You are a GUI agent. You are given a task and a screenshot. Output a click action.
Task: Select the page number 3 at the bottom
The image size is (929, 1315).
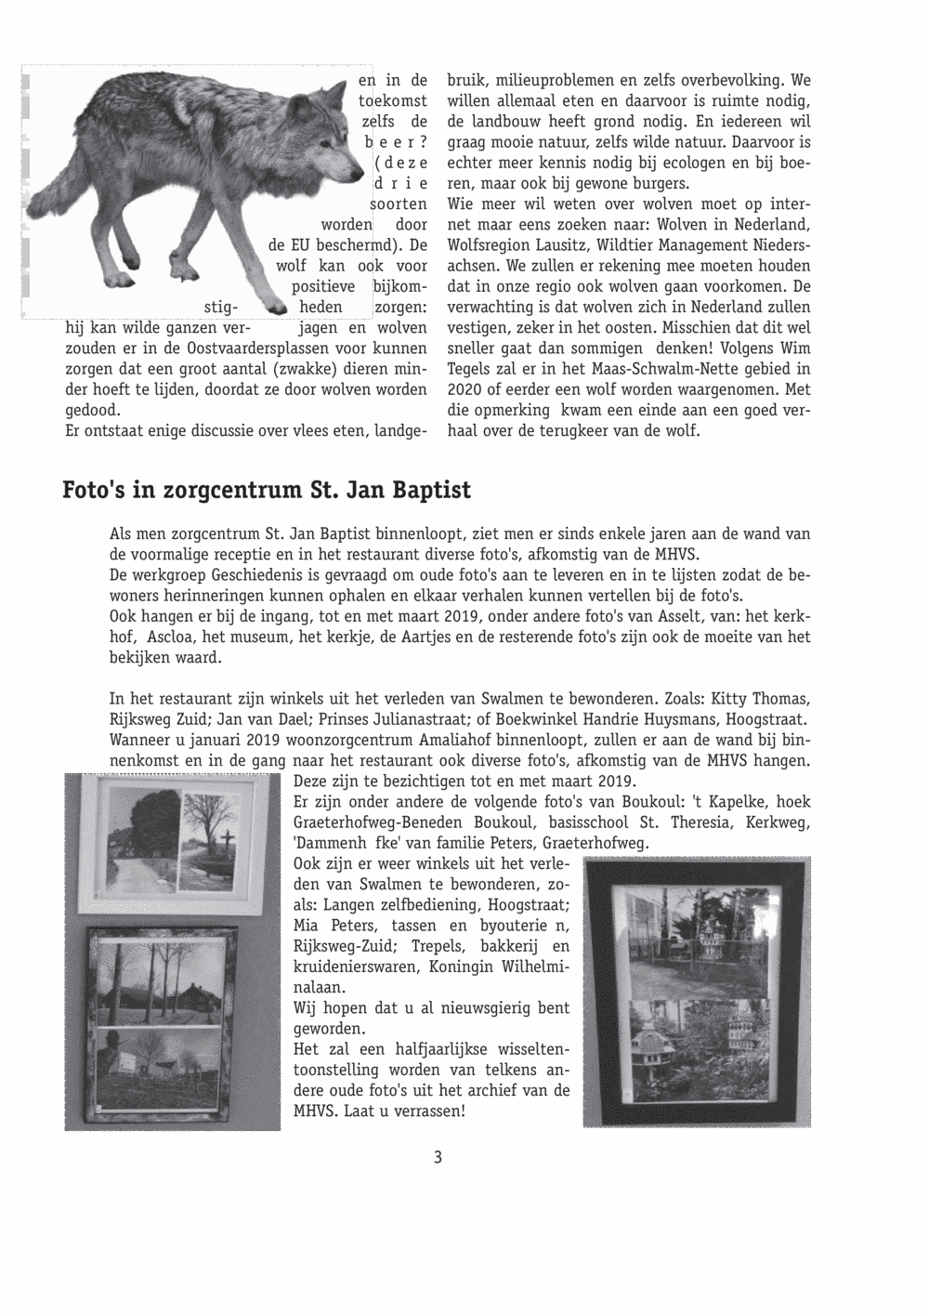[x=438, y=1158]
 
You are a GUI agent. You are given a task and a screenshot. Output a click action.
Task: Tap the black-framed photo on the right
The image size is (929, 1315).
[x=696, y=991]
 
